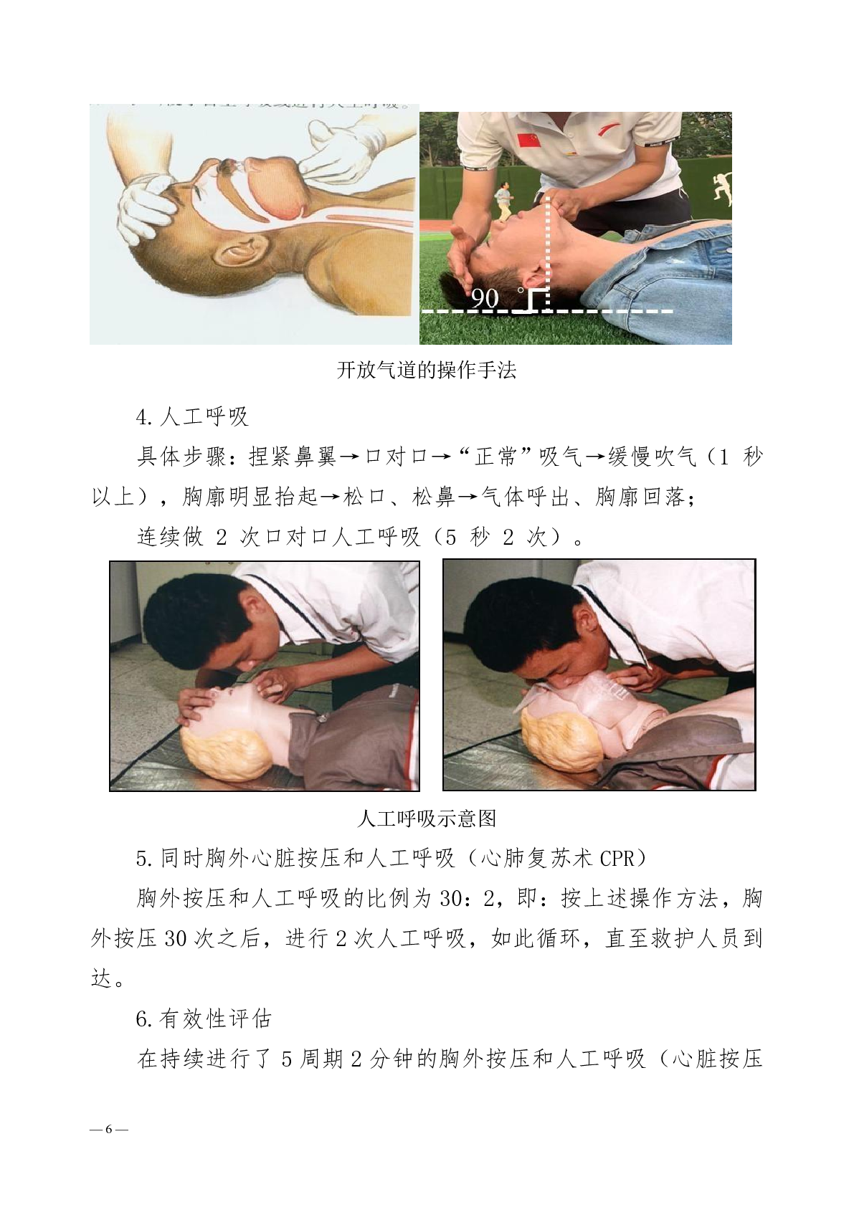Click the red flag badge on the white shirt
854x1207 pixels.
[x=528, y=140]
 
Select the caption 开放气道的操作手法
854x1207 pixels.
[x=427, y=370]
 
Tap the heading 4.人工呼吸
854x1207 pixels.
[x=192, y=416]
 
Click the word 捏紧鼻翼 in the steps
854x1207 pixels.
[x=293, y=457]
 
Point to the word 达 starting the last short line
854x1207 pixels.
[x=102, y=978]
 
